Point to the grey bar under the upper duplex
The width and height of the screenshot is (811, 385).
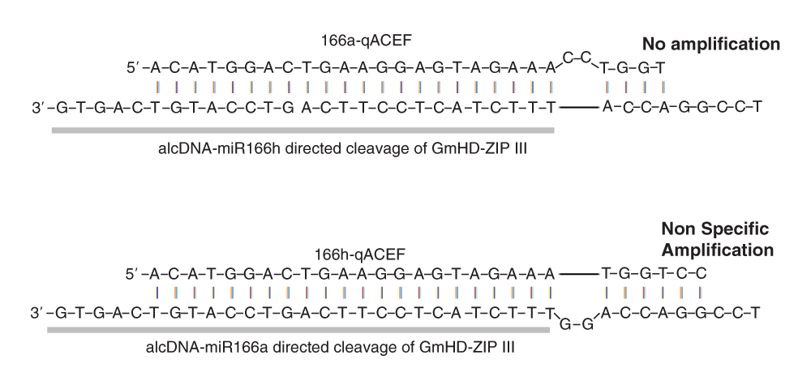point(303,129)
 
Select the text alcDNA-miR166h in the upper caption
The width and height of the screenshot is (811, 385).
point(213,148)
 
